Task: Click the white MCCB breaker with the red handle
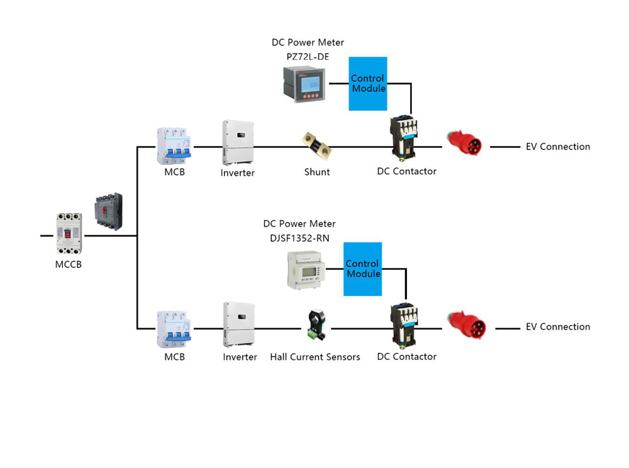(x=69, y=233)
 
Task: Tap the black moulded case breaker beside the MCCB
(x=108, y=212)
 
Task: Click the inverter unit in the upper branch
(x=238, y=142)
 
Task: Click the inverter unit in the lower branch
(x=238, y=325)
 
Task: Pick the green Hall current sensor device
(x=315, y=325)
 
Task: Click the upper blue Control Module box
(x=368, y=84)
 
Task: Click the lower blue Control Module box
(x=362, y=269)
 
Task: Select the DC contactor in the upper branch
(x=404, y=137)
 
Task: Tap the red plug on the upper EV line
(x=464, y=144)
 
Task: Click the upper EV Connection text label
(x=558, y=147)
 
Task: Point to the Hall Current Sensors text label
(x=315, y=357)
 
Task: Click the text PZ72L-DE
(x=308, y=57)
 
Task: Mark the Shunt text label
(x=317, y=172)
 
